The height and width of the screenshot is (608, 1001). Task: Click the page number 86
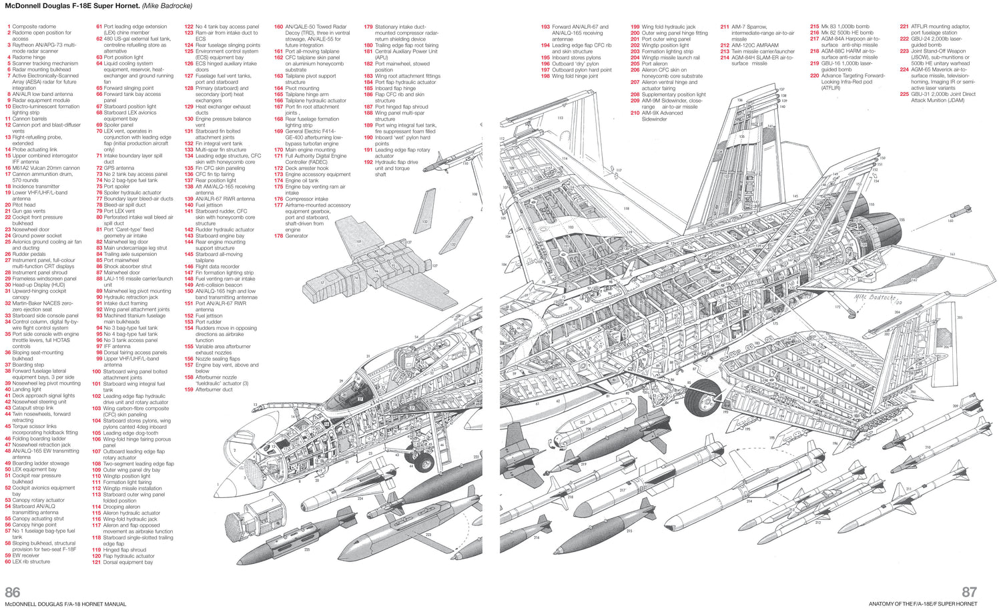[x=12, y=592]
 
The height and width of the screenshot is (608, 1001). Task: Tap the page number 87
[x=969, y=592]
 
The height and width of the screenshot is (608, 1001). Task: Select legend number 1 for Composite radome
[x=9, y=27]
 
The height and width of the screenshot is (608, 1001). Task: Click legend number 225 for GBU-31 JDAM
[x=904, y=94]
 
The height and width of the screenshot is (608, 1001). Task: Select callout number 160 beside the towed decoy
[x=950, y=221]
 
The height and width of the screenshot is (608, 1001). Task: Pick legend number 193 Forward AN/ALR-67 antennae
[x=545, y=27]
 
